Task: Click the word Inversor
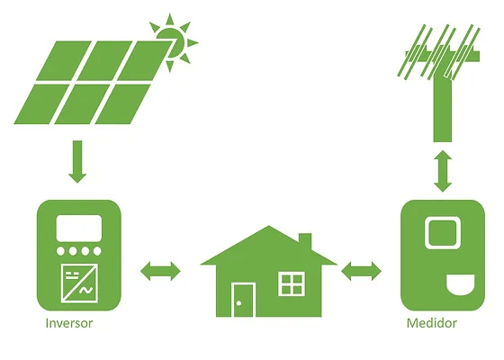pyautogui.click(x=69, y=323)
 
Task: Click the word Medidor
pyautogui.click(x=431, y=323)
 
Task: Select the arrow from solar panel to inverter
pyautogui.click(x=77, y=162)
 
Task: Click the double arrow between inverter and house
pyautogui.click(x=160, y=271)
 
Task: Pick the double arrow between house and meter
pyautogui.click(x=361, y=271)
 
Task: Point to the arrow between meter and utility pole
pyautogui.click(x=443, y=171)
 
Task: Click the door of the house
pyautogui.click(x=243, y=300)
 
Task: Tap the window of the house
pyautogui.click(x=292, y=283)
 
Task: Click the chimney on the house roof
pyautogui.click(x=305, y=242)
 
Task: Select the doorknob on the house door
pyautogui.click(x=238, y=303)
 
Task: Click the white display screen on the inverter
pyautogui.click(x=79, y=228)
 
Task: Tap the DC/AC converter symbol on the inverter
pyautogui.click(x=79, y=283)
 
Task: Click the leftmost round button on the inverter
pyautogui.click(x=60, y=251)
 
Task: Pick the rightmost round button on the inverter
pyautogui.click(x=97, y=251)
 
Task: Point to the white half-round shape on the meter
pyautogui.click(x=461, y=284)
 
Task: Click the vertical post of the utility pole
pyautogui.click(x=443, y=108)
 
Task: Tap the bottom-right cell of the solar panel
pyautogui.click(x=123, y=103)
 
